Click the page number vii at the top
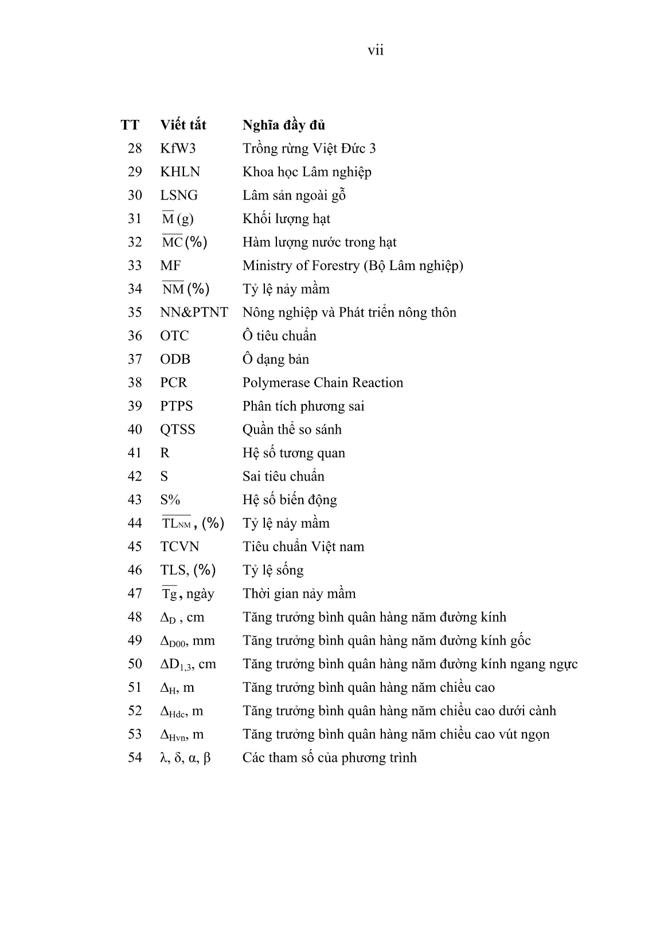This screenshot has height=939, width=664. point(375,50)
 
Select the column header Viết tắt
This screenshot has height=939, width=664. point(183,125)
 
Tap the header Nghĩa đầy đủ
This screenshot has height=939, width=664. point(284,125)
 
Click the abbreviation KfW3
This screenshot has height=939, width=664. point(178,149)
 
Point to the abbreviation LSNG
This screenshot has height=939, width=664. point(179,196)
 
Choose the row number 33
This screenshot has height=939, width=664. point(135,266)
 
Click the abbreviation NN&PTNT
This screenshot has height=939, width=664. point(194,313)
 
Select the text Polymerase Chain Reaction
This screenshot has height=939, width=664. point(322,383)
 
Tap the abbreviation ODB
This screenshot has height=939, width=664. point(175,360)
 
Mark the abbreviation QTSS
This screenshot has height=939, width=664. point(178,430)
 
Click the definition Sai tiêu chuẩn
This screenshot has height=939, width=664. point(283,477)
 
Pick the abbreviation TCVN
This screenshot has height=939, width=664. point(179,547)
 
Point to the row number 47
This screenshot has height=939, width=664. point(135,594)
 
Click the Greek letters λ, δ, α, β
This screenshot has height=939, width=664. point(185,758)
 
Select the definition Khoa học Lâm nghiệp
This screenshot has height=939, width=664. point(307,172)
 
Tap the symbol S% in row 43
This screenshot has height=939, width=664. point(170,500)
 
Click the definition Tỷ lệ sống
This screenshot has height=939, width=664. point(273,570)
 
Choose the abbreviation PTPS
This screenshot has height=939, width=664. point(177,406)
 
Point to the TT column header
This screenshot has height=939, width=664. point(130,125)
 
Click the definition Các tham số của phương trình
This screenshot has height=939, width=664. point(329,758)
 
